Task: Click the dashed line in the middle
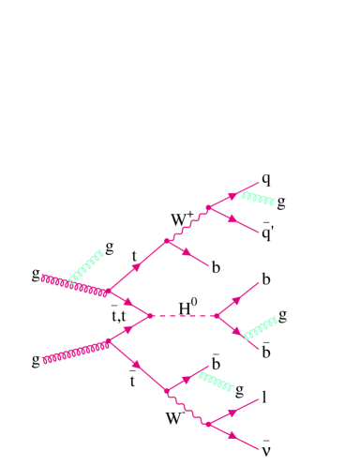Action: [185, 316]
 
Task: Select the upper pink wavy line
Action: [187, 224]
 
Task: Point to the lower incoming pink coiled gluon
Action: [75, 351]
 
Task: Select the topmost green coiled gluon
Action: [258, 198]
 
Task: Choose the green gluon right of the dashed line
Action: [260, 329]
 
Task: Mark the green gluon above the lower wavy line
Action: [216, 381]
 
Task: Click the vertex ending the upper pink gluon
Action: [110, 293]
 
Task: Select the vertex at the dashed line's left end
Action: [153, 316]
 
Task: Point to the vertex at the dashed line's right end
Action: [217, 316]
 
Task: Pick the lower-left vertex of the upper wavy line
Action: [167, 241]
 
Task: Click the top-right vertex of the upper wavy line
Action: [208, 207]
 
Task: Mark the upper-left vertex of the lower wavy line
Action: [166, 390]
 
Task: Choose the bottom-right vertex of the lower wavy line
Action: [207, 425]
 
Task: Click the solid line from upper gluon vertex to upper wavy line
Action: [138, 267]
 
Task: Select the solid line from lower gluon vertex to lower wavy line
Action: [137, 366]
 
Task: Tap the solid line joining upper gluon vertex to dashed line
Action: [131, 304]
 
